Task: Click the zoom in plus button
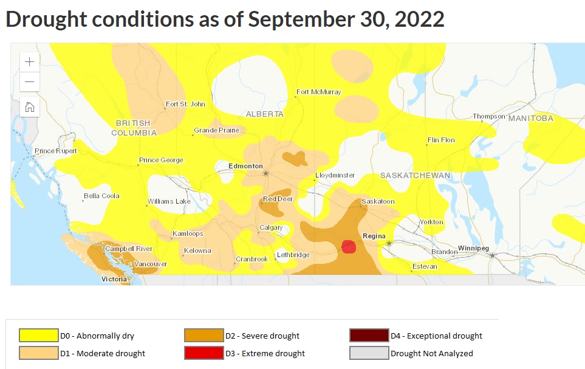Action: click(x=30, y=61)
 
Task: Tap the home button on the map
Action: click(x=30, y=107)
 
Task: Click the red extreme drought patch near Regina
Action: click(x=349, y=246)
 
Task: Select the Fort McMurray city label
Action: click(x=318, y=92)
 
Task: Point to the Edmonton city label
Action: click(x=245, y=166)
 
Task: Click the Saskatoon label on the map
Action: click(x=378, y=201)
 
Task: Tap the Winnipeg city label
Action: click(x=473, y=249)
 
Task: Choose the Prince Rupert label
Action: click(x=56, y=151)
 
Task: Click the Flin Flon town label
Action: click(x=441, y=140)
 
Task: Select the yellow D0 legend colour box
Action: click(x=39, y=336)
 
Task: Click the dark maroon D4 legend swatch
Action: click(x=369, y=336)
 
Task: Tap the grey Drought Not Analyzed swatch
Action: click(x=369, y=353)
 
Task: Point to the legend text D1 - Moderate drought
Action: click(x=102, y=353)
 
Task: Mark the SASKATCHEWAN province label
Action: click(x=416, y=176)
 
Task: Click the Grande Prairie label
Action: click(x=216, y=131)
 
